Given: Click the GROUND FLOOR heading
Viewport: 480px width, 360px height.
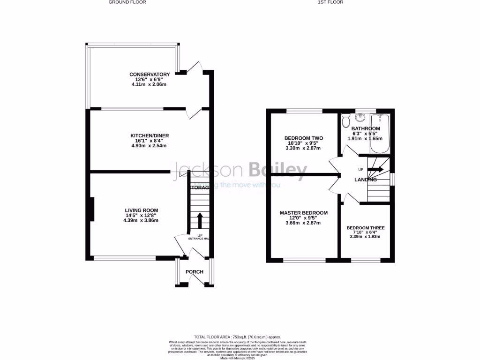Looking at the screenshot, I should (127, 2).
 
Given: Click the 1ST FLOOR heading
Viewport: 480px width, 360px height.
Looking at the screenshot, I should (330, 2).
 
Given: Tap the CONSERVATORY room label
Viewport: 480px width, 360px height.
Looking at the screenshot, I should (150, 75).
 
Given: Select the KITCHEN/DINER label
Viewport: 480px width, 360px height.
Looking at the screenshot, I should (150, 136).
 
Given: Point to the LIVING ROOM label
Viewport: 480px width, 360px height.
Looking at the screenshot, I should (141, 210).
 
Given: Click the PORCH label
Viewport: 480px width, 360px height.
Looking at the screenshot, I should (195, 272).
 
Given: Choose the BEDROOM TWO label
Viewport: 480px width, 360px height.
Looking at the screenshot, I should (303, 138).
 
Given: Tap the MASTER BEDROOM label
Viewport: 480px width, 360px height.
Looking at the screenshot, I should (303, 213).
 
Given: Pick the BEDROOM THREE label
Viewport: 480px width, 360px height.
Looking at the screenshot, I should (366, 228).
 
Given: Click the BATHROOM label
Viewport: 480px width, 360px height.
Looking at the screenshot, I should (366, 128).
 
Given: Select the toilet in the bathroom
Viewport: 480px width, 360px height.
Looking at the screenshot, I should (346, 120).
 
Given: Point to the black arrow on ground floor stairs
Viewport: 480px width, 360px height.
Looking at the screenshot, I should (200, 220).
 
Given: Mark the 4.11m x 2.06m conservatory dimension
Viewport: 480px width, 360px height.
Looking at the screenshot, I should (150, 85).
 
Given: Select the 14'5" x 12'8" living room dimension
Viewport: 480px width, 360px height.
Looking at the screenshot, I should (141, 215).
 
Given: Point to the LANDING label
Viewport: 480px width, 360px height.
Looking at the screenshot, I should (366, 180).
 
